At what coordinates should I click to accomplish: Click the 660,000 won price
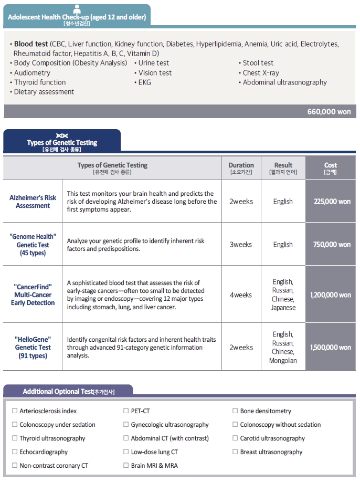point(329,111)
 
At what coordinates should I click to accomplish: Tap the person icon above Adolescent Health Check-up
point(77,9)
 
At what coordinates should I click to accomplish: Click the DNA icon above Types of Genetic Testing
point(62,135)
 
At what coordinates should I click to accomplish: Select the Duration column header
point(241,168)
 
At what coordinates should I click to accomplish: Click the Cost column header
point(331,168)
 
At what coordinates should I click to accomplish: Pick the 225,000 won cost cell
point(331,202)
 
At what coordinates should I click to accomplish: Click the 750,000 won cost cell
point(331,245)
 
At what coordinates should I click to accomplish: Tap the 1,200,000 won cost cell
point(331,295)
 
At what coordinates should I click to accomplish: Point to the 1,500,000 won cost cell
point(331,348)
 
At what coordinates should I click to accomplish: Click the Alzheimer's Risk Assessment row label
point(33,202)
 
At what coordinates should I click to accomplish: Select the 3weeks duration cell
point(241,245)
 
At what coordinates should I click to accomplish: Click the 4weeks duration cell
point(241,295)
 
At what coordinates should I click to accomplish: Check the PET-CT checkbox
point(126,411)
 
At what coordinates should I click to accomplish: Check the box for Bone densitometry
point(235,411)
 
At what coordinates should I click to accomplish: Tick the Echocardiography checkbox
point(15,452)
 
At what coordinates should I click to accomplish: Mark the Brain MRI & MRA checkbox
point(126,466)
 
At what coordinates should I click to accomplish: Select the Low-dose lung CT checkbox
point(126,452)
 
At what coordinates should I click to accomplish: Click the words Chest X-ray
point(261,73)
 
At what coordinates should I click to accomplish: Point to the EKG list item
point(144,82)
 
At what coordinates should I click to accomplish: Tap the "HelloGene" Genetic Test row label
point(33,348)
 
